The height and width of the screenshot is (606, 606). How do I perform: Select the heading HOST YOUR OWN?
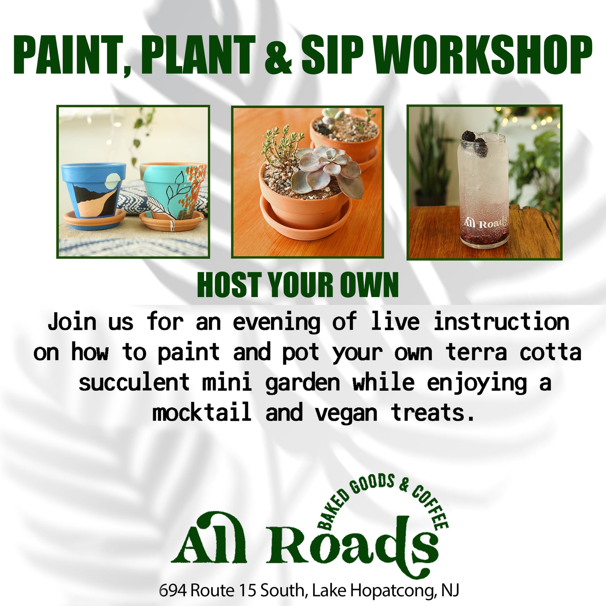click(x=298, y=285)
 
